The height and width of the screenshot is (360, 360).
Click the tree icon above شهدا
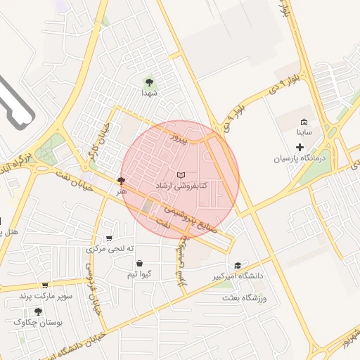click(148, 82)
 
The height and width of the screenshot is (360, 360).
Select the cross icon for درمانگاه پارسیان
click(300, 148)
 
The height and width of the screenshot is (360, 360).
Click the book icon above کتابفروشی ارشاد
click(181, 174)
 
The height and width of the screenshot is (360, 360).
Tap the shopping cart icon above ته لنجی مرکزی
click(108, 238)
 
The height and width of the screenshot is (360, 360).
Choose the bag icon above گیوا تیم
click(139, 264)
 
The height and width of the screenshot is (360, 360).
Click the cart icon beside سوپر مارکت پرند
click(45, 285)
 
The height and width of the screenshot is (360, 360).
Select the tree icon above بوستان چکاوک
click(38, 311)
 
